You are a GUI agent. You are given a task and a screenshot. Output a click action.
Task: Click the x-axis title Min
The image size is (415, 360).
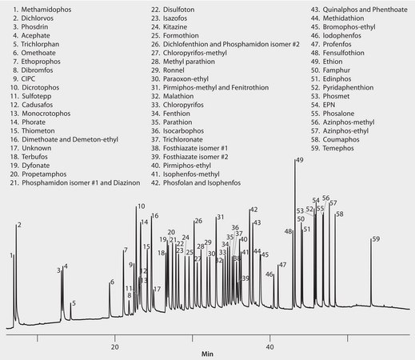coord(207,353)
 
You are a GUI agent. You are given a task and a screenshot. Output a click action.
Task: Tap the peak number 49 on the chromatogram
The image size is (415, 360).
coord(299,161)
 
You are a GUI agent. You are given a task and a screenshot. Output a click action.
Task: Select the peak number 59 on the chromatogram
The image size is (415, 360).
coord(376,239)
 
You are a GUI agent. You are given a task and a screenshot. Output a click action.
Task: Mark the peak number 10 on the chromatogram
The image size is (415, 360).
coord(141,207)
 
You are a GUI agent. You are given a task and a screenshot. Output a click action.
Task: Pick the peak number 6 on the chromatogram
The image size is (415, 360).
coord(112,282)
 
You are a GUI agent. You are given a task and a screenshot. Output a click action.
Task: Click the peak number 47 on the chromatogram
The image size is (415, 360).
coord(281,265)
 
